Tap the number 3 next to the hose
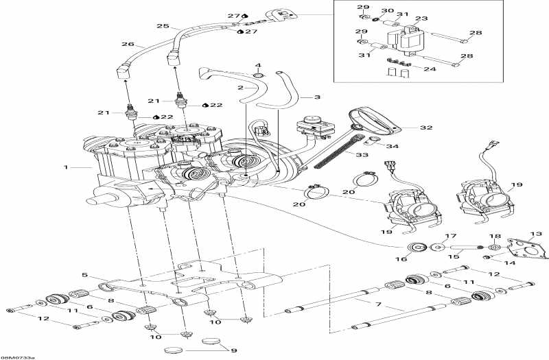point(318,97)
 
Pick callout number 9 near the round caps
point(233,351)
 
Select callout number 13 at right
point(535,234)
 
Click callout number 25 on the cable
point(162,26)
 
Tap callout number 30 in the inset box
point(386,12)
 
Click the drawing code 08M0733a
point(19,357)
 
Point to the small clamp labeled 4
point(258,74)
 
